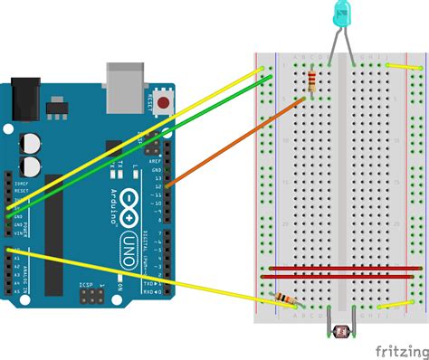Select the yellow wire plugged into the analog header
click(136, 276)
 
